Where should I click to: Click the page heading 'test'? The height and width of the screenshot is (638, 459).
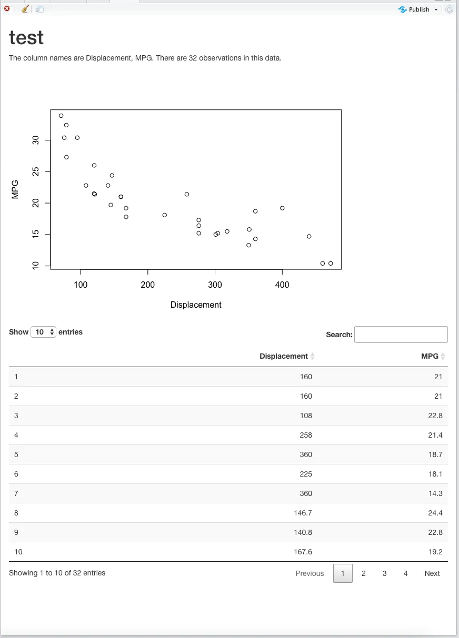(26, 38)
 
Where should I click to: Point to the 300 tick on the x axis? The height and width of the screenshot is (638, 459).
(215, 285)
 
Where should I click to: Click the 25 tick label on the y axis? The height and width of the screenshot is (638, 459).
(36, 171)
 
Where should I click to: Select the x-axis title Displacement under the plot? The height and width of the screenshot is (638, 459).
(196, 305)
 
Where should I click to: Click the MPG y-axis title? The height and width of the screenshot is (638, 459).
(15, 189)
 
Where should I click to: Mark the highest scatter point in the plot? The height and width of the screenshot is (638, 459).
(61, 116)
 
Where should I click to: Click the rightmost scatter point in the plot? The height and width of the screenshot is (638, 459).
(331, 264)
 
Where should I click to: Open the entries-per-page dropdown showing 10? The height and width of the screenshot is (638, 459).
(43, 332)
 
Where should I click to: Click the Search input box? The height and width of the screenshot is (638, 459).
(401, 335)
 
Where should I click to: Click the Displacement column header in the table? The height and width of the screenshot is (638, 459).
(284, 356)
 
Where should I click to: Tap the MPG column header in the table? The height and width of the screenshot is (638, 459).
(430, 356)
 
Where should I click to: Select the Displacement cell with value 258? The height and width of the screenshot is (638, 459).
(306, 435)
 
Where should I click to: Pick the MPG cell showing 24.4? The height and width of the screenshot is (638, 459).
(435, 513)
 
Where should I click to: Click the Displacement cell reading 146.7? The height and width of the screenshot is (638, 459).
(303, 513)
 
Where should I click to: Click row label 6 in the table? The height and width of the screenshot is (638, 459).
(16, 474)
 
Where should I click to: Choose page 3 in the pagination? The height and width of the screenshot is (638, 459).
(385, 573)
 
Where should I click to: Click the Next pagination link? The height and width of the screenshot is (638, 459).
(432, 573)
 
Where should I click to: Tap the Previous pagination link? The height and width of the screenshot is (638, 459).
(310, 573)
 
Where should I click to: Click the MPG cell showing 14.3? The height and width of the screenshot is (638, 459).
(435, 493)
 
